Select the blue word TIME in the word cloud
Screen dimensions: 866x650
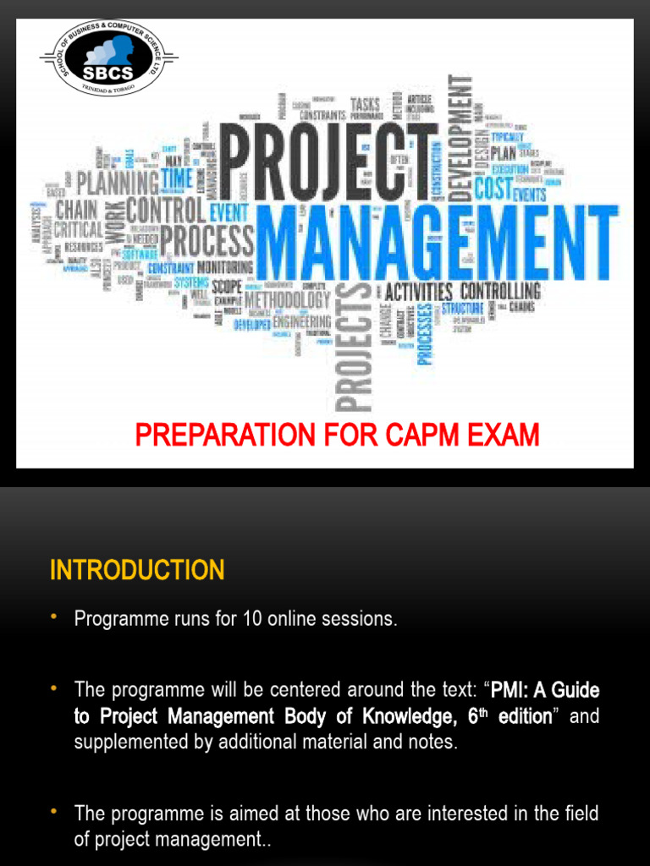tap(177, 179)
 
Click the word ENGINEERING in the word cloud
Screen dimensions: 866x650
tap(302, 322)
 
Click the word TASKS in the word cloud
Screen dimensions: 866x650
tap(365, 104)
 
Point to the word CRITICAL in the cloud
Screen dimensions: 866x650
tap(79, 229)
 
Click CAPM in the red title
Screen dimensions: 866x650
tap(420, 436)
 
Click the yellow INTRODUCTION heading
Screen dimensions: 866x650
tap(137, 571)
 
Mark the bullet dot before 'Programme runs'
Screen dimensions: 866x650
tap(55, 618)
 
